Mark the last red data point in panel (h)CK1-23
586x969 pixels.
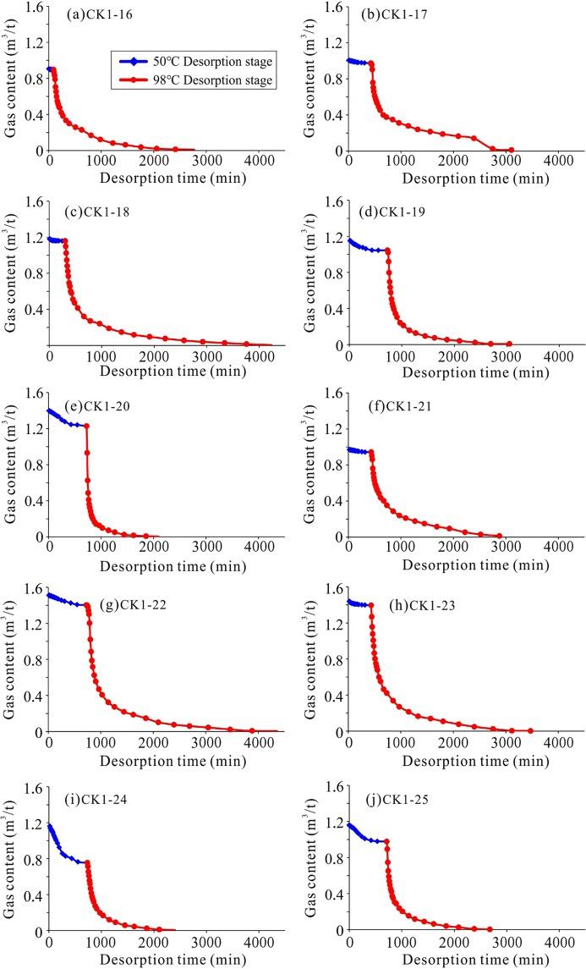530,730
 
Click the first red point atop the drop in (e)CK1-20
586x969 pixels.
86,426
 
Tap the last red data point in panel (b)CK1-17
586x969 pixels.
511,150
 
